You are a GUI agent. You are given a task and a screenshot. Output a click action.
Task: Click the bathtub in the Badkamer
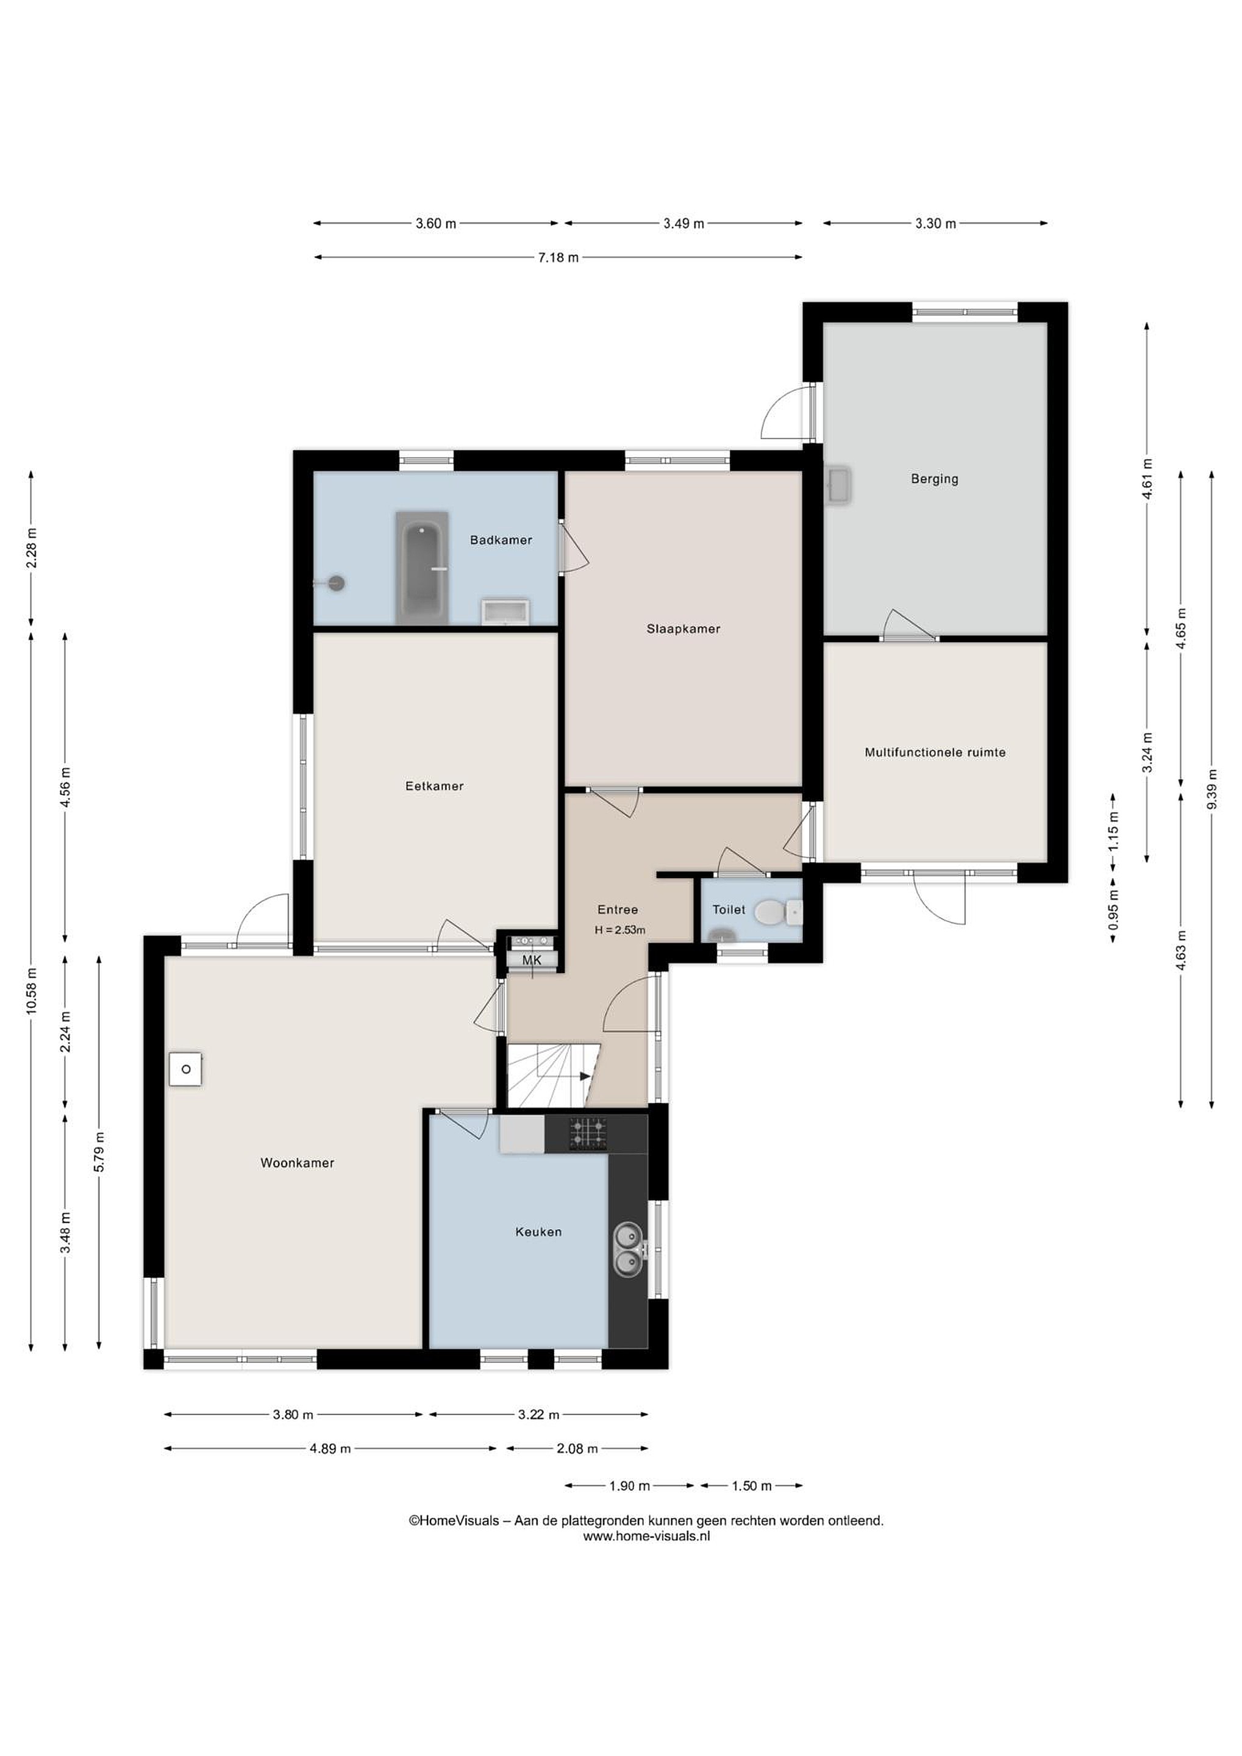click(x=422, y=568)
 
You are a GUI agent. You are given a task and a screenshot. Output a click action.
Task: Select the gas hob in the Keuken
click(x=587, y=1134)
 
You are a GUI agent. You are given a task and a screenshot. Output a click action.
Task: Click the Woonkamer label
click(x=298, y=1163)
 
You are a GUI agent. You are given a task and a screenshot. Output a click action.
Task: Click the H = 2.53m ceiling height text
click(x=619, y=931)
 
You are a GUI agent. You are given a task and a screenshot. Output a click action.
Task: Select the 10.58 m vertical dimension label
click(x=31, y=991)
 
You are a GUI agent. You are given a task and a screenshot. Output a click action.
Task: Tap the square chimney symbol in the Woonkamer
click(x=186, y=1069)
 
